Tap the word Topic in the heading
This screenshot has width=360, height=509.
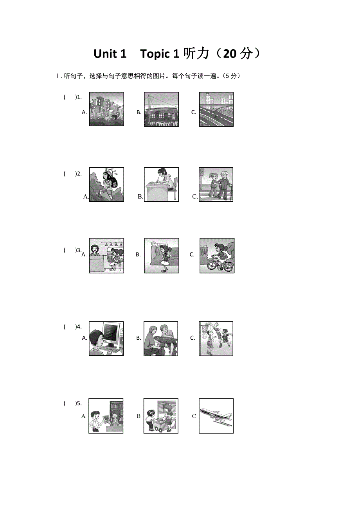pos(155,54)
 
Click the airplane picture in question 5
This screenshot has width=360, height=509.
pos(216,416)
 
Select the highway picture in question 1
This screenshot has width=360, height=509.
pos(216,109)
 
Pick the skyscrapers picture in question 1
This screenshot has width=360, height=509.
pos(106,109)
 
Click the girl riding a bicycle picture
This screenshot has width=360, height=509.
pos(217,256)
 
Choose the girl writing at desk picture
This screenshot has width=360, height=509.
pos(161,185)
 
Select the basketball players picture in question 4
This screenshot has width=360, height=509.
pos(216,339)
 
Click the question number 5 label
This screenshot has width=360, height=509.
pos(78,403)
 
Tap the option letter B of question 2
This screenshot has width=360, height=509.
pos(140,197)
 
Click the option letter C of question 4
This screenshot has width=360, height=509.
pos(193,338)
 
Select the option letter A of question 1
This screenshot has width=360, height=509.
pos(84,112)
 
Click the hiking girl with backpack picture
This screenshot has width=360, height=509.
pos(106,185)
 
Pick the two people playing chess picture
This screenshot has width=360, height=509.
pos(161,339)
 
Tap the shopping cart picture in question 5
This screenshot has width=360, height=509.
pos(161,416)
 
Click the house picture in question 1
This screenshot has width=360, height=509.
pos(161,109)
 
